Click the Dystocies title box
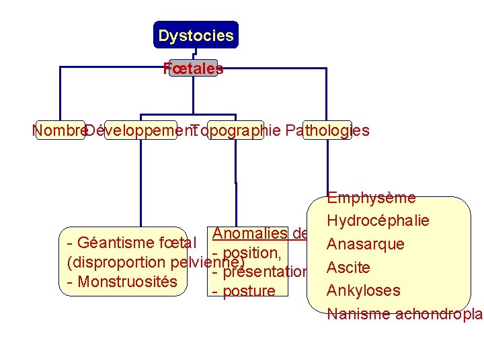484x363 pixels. (x=196, y=35)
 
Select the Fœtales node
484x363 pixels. (x=194, y=68)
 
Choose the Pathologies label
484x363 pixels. (x=327, y=130)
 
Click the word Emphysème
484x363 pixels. (x=371, y=198)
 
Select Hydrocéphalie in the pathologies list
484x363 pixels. (x=378, y=221)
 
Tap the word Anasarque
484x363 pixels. (x=365, y=244)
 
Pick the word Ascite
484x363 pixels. (x=348, y=268)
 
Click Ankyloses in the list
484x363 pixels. (x=363, y=290)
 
